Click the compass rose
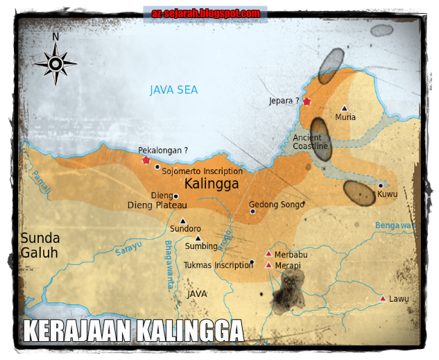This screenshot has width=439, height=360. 55,63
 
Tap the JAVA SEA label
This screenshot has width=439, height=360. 173,90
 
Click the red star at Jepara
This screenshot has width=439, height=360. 307,102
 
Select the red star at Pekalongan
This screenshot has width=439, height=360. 146,160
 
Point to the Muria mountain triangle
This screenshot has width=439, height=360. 344,108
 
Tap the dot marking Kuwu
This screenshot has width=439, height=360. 381,185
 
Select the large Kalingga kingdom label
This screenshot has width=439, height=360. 212,185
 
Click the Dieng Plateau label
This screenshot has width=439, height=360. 157,205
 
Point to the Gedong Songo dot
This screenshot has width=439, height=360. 252,212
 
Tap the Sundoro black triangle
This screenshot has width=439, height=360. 183,221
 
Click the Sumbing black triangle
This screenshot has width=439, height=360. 198,238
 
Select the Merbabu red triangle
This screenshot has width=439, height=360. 268,253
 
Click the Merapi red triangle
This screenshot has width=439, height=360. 268,265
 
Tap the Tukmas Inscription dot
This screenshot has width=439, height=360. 252,262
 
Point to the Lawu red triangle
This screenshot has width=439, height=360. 382,299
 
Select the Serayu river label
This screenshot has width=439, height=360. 128,250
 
